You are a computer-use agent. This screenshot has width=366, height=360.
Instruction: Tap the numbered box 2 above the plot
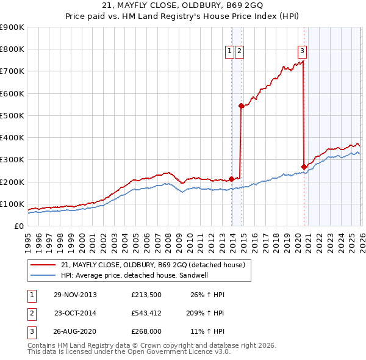[x=239, y=52]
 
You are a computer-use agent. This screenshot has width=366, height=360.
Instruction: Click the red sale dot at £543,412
[x=241, y=106]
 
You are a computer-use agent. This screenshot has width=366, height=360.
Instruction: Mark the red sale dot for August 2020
[x=304, y=166]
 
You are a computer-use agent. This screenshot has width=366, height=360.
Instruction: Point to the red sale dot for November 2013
[x=232, y=179]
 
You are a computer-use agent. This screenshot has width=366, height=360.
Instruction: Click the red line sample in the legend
[x=43, y=265]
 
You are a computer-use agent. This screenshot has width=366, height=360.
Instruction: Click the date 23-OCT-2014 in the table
[x=75, y=314]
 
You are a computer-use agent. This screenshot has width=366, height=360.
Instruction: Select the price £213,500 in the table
[x=146, y=295]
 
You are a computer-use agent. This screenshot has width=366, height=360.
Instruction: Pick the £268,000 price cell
[x=146, y=333]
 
